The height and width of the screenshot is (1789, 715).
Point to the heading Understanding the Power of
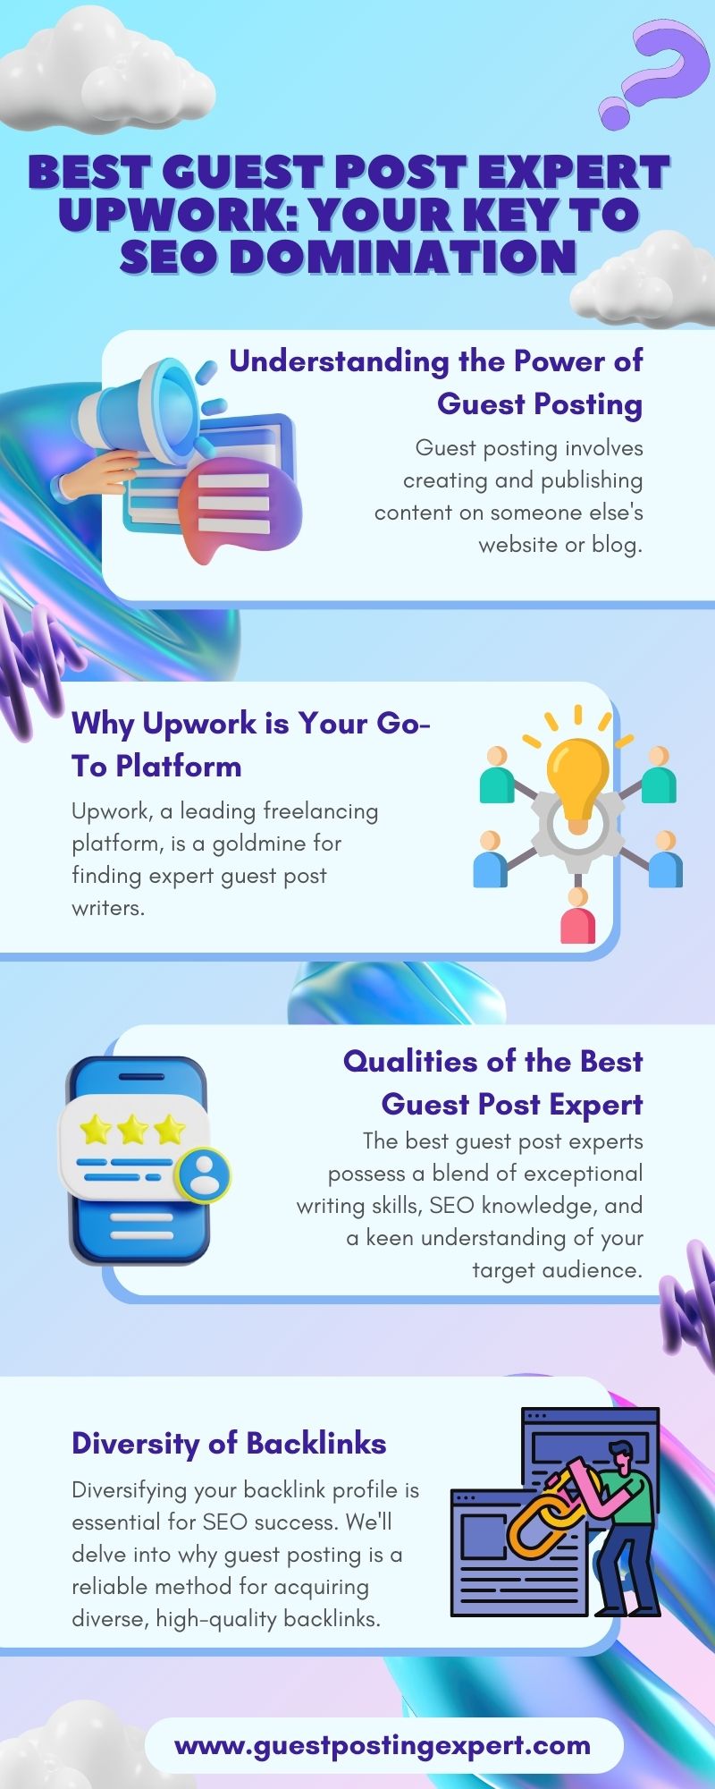point(436,360)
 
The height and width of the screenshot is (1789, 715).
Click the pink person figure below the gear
point(577,918)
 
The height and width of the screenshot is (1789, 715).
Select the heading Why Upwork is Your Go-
point(251,723)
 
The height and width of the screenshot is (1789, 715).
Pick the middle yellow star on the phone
point(132,1130)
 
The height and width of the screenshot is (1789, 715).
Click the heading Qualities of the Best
point(493,1061)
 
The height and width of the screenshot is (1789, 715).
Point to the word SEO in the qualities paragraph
point(452,1205)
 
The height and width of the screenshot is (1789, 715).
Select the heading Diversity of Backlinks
point(229,1443)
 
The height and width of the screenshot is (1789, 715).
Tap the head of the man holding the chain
point(618,1456)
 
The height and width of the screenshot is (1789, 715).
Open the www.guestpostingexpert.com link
point(383,1745)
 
